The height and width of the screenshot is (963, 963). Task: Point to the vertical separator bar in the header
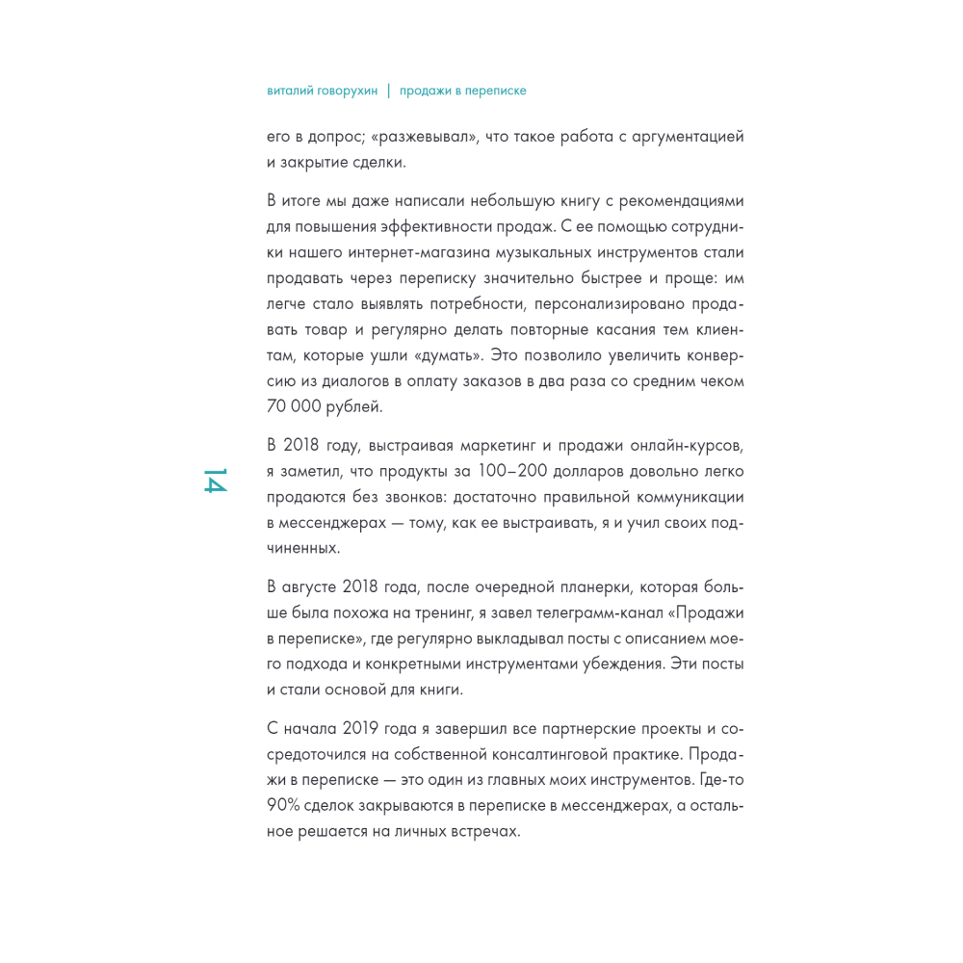389,91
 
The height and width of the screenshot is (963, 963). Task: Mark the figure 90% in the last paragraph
285,805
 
